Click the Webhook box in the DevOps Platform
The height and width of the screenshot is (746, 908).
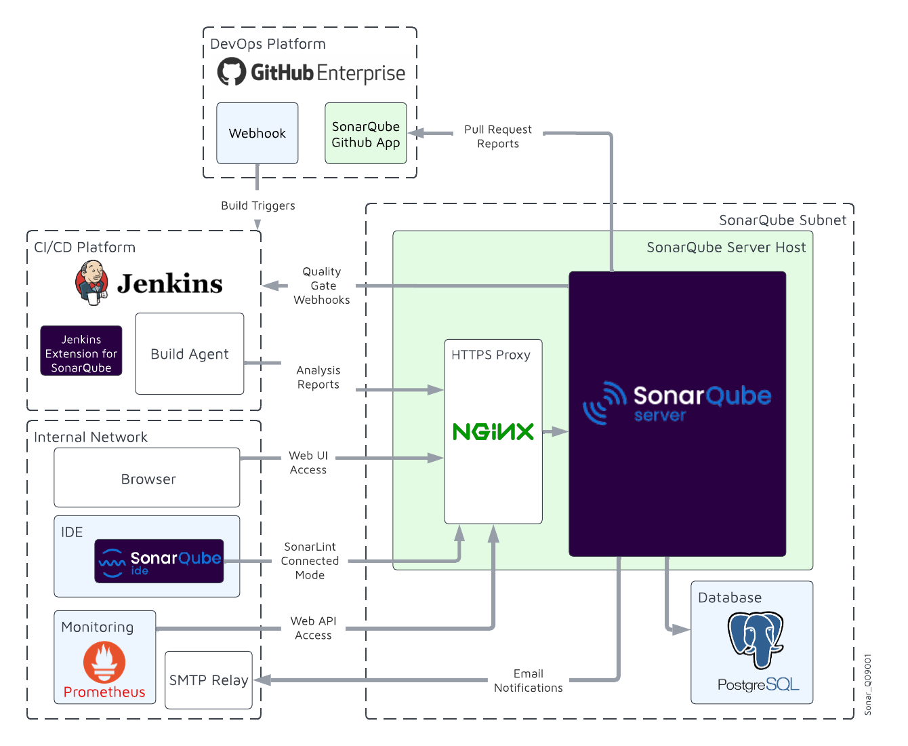(x=257, y=133)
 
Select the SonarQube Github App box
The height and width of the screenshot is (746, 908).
(x=365, y=134)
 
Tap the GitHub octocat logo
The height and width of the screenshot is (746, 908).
(x=231, y=72)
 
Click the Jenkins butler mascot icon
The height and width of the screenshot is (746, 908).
(x=91, y=282)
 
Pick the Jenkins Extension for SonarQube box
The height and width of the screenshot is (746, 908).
(x=81, y=351)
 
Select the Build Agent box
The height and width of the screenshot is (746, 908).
(x=189, y=353)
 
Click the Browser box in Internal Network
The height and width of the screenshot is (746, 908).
(x=147, y=477)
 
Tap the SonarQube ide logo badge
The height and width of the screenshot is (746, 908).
(x=159, y=562)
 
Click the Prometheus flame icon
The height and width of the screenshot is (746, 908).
(x=104, y=661)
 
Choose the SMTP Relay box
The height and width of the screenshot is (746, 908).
(x=208, y=680)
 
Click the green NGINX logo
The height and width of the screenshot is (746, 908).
(x=493, y=431)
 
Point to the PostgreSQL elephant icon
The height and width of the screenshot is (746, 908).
(x=756, y=639)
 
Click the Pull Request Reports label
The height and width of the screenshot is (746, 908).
(x=498, y=136)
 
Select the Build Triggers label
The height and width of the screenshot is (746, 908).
(x=257, y=205)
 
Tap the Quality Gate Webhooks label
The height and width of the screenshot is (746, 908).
(x=322, y=286)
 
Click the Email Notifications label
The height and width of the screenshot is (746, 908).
(x=528, y=680)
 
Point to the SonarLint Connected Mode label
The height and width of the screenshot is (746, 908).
(x=310, y=561)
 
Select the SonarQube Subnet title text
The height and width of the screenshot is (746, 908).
(x=782, y=220)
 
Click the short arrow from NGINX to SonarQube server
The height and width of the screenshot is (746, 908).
(x=555, y=431)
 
